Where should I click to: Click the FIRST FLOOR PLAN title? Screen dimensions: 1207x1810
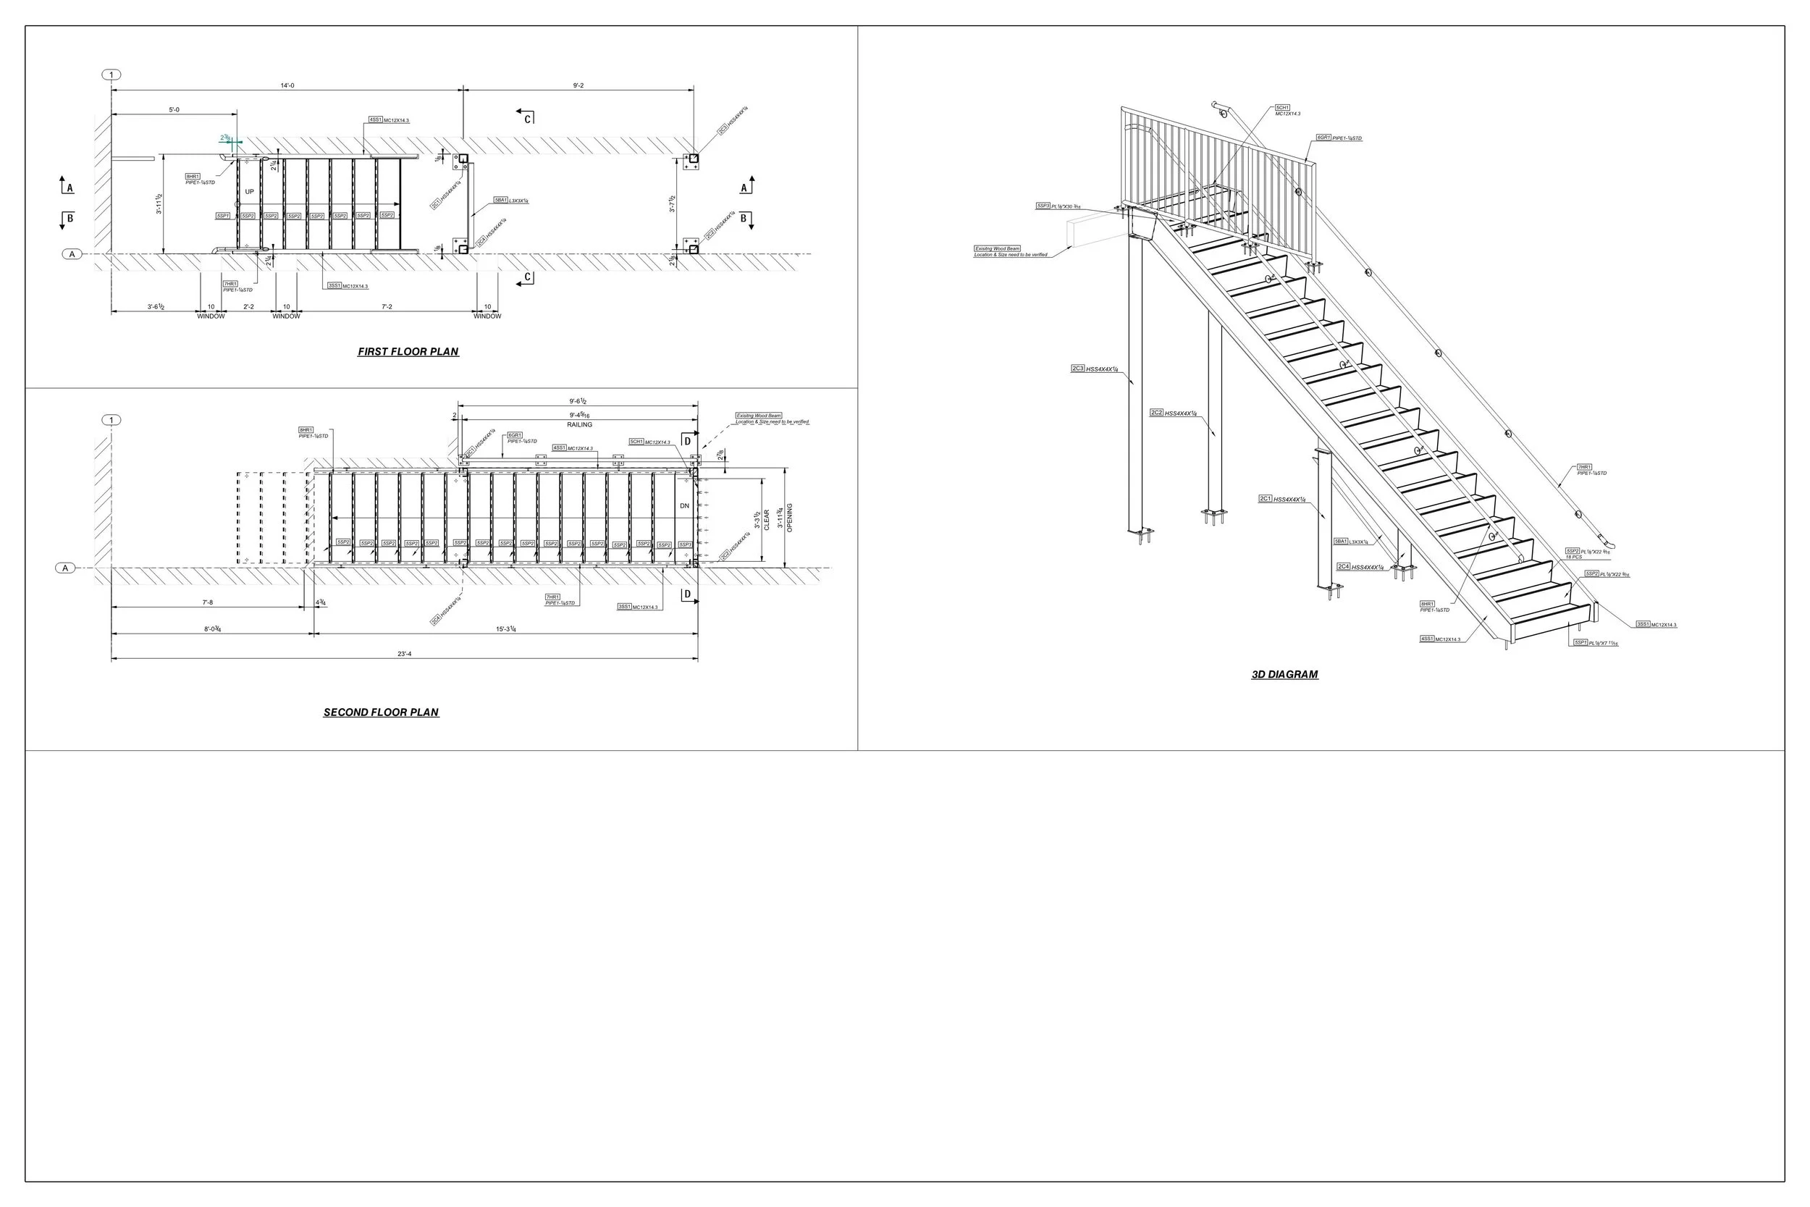click(408, 352)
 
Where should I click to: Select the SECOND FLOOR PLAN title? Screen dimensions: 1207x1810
click(381, 712)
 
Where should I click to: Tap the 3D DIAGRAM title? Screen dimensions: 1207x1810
click(1284, 674)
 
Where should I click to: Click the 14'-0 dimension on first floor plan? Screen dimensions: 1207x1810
click(287, 85)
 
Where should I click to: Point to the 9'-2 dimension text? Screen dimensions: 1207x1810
click(578, 85)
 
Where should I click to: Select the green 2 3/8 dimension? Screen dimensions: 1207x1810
click(224, 138)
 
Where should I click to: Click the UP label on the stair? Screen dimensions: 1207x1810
click(249, 192)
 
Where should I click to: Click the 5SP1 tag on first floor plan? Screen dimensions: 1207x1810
click(223, 216)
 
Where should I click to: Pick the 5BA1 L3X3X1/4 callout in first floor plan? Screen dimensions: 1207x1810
click(510, 200)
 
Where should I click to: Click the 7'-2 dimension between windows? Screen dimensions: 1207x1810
click(387, 306)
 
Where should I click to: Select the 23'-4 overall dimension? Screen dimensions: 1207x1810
click(405, 654)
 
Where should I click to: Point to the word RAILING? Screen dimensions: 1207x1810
click(579, 425)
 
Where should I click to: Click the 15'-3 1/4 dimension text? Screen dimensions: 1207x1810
click(505, 629)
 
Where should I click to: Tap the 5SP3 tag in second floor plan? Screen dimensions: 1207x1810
click(684, 544)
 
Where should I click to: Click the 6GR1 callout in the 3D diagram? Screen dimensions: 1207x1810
click(1338, 138)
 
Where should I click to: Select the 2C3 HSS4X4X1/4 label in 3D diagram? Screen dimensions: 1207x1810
click(1094, 369)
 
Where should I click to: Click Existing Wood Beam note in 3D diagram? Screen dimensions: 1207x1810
click(998, 248)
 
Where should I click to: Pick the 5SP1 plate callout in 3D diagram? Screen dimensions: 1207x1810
click(1594, 642)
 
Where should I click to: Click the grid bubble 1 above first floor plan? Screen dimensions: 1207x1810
click(111, 75)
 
